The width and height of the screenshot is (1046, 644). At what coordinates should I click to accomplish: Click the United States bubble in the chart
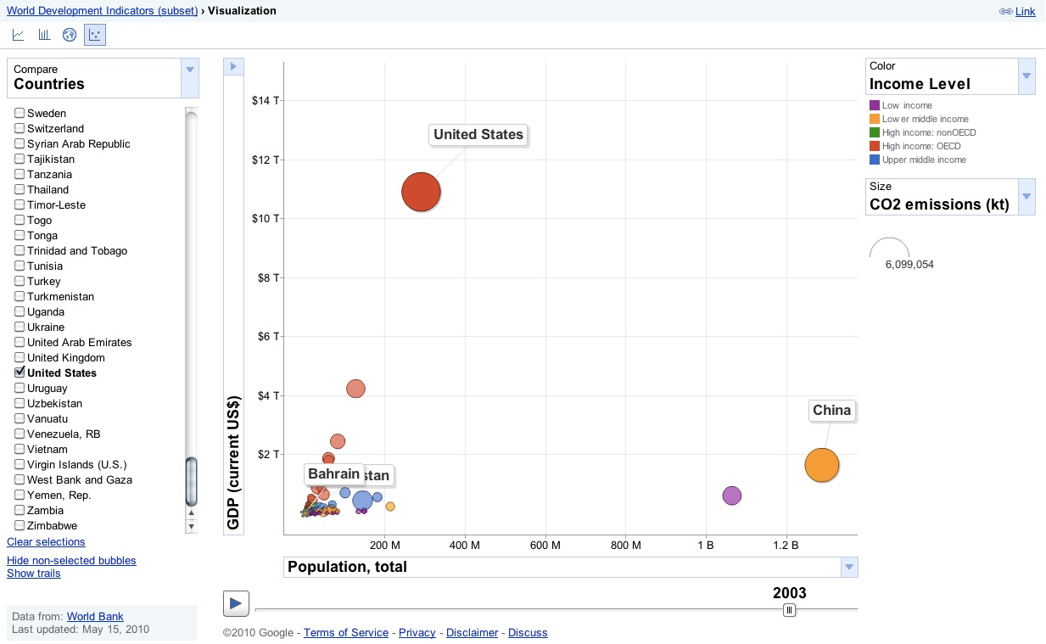tap(421, 192)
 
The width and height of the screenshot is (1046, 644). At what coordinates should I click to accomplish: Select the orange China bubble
tap(821, 465)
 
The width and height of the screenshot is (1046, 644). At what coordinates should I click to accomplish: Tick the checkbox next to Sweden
tap(20, 113)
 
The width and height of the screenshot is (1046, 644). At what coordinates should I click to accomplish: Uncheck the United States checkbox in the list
tap(20, 372)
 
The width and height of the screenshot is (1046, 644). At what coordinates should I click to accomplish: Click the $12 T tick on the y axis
tap(266, 160)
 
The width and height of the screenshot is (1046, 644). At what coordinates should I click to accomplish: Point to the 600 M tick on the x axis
tap(545, 545)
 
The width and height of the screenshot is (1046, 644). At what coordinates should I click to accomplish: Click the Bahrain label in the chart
tap(334, 473)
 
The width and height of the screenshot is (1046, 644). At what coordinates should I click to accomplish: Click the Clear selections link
tap(46, 542)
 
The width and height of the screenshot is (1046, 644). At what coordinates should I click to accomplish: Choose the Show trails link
tap(34, 574)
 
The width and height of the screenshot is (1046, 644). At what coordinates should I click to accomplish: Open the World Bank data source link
tap(95, 617)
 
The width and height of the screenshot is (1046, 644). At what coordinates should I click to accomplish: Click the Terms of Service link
tap(345, 633)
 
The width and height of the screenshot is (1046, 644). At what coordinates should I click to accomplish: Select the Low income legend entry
tap(906, 105)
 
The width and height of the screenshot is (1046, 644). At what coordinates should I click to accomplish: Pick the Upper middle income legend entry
tap(923, 160)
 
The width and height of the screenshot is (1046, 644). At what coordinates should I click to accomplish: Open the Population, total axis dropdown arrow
tap(848, 567)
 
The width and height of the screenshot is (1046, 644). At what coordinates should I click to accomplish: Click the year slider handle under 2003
tap(789, 609)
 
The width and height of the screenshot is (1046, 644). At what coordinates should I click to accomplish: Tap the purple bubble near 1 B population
tap(731, 496)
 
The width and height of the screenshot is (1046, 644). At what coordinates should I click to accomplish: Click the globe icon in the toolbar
tap(70, 35)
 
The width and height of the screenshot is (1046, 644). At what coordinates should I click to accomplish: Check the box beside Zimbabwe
tap(20, 525)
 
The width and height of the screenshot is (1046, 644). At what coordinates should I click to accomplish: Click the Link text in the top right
tap(1025, 12)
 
